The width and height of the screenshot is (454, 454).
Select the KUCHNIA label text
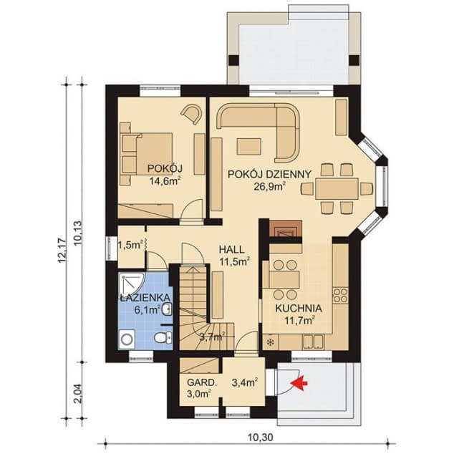297,309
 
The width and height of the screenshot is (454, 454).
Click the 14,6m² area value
165,181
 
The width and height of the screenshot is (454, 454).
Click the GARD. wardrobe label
198,382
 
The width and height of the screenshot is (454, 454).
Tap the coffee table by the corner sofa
250,147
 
